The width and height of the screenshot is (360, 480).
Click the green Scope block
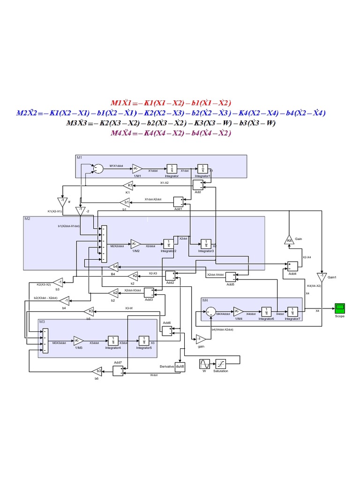[x=340, y=308]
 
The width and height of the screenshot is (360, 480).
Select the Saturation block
[x=221, y=364]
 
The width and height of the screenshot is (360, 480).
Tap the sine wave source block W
[x=204, y=364]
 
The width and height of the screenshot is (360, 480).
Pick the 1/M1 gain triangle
[x=137, y=169]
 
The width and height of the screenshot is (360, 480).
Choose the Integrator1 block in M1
[x=202, y=169]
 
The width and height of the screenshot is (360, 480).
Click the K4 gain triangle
[x=289, y=240]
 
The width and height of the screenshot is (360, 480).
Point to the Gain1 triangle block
[x=322, y=277]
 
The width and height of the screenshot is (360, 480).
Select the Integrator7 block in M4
[x=292, y=312]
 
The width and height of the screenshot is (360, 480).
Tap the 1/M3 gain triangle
[x=78, y=341]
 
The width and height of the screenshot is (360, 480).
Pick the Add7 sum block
[x=118, y=370]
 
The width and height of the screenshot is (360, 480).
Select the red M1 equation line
[x=171, y=103]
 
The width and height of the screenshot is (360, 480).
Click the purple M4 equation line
[x=171, y=133]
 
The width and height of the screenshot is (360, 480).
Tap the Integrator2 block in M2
[x=167, y=244]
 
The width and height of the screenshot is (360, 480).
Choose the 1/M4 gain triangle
[x=239, y=312]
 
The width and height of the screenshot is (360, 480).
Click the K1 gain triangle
[x=129, y=186]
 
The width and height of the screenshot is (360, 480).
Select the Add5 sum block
[x=231, y=277]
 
